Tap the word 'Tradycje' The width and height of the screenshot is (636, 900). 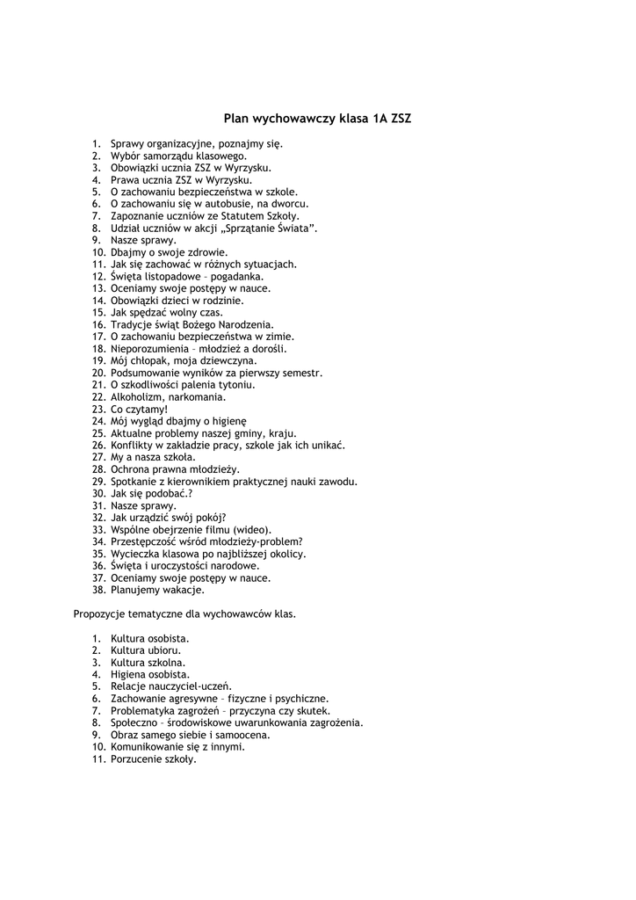point(131,324)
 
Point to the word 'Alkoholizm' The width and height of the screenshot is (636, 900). point(137,397)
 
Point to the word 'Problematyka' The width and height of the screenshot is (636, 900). point(142,711)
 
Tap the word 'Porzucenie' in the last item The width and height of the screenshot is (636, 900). point(136,759)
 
